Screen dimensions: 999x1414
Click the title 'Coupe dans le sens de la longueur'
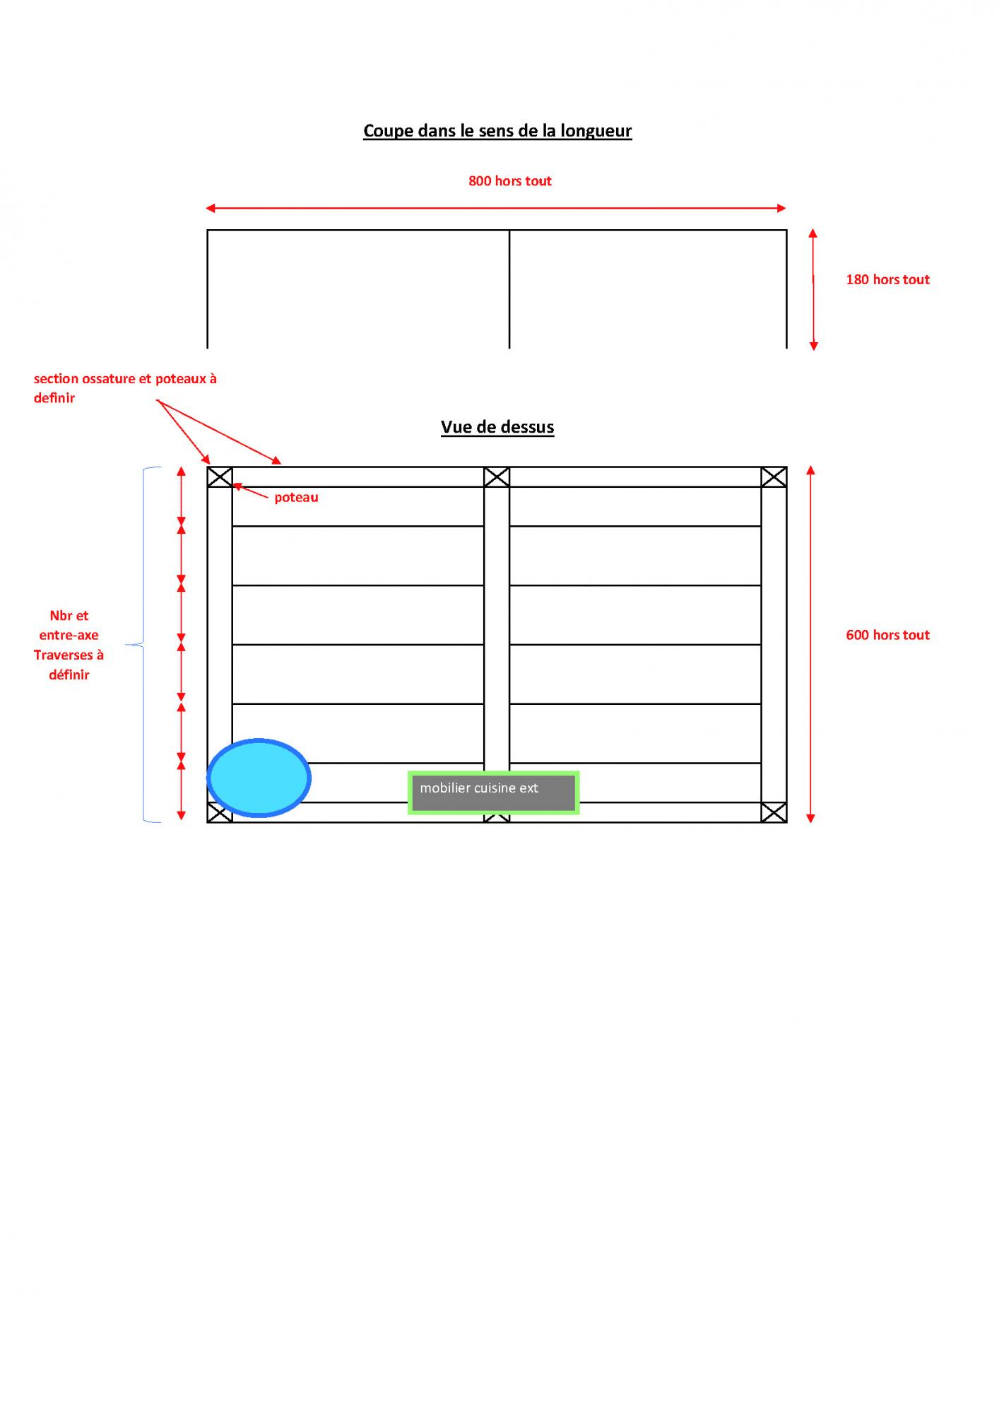(497, 131)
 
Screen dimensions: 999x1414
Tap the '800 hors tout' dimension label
(509, 181)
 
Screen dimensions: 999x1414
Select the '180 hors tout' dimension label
(887, 279)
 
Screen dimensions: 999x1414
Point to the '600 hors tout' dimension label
(887, 635)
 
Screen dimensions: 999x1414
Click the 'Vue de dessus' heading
(497, 427)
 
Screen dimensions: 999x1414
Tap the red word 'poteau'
(296, 497)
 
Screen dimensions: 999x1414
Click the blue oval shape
(259, 778)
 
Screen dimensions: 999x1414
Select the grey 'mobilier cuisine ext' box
(493, 793)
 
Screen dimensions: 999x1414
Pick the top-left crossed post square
(220, 477)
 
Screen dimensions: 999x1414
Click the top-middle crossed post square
(497, 477)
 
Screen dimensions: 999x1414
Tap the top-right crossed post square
(774, 477)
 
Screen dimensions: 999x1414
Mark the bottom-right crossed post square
(774, 812)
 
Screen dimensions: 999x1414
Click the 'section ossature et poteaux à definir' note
(125, 388)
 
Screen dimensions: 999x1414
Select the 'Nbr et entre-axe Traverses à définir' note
(69, 645)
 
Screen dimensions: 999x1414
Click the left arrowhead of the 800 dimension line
(210, 208)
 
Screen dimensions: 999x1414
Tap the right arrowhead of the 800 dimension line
(781, 208)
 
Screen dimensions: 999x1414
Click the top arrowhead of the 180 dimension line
(812, 233)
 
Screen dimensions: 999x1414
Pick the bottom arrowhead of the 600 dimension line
(810, 818)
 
